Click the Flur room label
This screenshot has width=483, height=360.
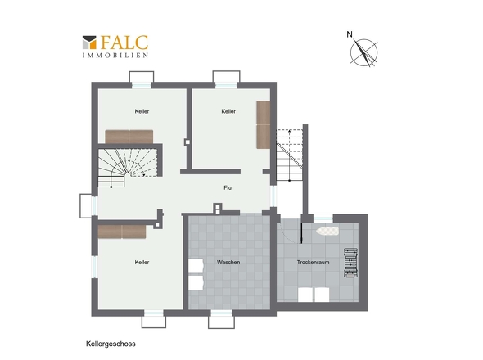click(228, 188)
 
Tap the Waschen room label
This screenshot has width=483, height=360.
click(228, 263)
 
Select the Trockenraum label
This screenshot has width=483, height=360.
click(313, 263)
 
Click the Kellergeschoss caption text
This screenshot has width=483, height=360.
click(111, 344)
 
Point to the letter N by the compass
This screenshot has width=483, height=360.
click(350, 34)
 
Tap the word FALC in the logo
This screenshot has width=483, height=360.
click(124, 43)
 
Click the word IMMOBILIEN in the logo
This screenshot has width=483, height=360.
click(115, 56)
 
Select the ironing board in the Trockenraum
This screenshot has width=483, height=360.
click(327, 231)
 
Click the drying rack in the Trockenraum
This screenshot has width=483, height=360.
click(351, 263)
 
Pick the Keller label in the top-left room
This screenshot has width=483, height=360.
click(142, 111)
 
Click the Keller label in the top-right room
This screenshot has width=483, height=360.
click(228, 111)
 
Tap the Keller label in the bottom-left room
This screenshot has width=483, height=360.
click(142, 263)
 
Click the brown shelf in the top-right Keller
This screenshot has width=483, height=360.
click(264, 124)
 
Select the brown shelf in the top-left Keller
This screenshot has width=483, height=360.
click(129, 137)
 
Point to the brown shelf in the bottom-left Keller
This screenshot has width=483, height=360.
click(122, 232)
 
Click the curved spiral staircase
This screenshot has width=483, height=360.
click(127, 168)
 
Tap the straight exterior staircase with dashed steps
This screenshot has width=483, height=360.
click(289, 155)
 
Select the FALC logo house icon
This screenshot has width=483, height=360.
click(89, 43)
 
